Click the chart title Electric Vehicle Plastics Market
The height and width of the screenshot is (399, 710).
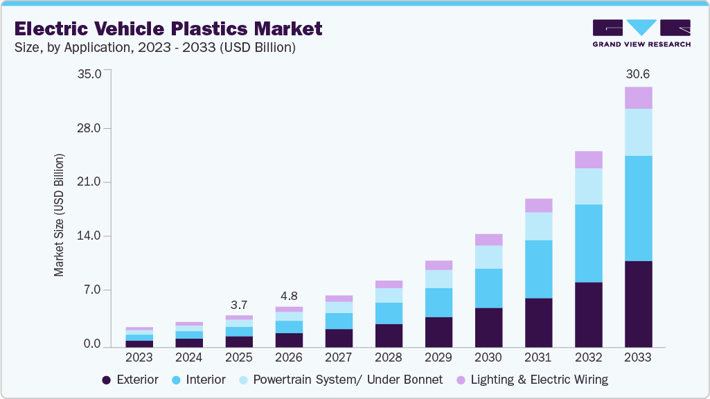(168, 28)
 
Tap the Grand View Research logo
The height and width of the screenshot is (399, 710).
(641, 33)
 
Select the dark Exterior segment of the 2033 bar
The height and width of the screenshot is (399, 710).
(638, 303)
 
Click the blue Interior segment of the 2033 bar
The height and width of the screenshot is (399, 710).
(638, 208)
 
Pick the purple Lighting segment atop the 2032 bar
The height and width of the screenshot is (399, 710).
(588, 159)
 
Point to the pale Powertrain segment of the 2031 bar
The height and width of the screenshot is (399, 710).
(538, 226)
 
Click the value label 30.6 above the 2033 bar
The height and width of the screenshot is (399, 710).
(638, 74)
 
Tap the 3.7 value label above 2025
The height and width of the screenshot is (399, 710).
(239, 305)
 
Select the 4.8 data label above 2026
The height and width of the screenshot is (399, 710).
(289, 296)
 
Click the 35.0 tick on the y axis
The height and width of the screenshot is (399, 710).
(91, 74)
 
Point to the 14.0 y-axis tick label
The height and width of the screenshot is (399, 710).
(91, 236)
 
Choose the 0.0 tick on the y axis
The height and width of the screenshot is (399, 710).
(91, 344)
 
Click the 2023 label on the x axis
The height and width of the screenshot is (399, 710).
(139, 357)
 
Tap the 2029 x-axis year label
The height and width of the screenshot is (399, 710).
(438, 357)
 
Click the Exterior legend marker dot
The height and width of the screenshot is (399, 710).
(106, 380)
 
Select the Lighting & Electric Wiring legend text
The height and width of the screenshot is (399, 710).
(539, 380)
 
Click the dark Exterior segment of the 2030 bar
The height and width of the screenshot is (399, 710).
(488, 327)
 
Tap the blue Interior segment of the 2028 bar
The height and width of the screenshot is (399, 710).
(389, 313)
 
